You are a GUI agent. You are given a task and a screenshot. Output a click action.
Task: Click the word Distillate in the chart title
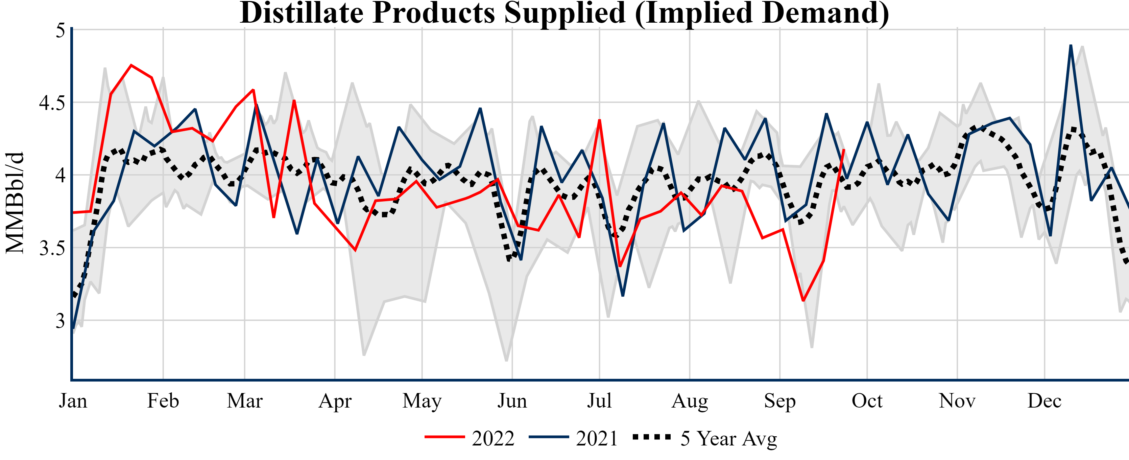click(301, 13)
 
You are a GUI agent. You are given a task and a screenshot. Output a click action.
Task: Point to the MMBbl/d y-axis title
click(15, 203)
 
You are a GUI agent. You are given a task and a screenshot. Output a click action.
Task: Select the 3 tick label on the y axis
click(60, 321)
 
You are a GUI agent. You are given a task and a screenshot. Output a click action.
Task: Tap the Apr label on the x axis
click(335, 401)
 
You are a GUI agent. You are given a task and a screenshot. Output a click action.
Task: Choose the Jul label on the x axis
click(599, 401)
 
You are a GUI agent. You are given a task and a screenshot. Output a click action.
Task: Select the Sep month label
click(780, 401)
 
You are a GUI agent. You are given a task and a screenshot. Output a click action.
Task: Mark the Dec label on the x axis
click(1044, 401)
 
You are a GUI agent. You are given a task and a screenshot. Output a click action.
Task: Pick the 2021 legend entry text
click(597, 438)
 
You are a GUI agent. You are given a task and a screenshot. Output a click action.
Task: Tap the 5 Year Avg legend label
click(728, 438)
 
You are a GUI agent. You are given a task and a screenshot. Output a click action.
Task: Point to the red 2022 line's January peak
click(131, 65)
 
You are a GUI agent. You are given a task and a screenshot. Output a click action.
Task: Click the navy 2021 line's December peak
click(1071, 45)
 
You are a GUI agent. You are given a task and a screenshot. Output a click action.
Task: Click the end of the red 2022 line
click(844, 149)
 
